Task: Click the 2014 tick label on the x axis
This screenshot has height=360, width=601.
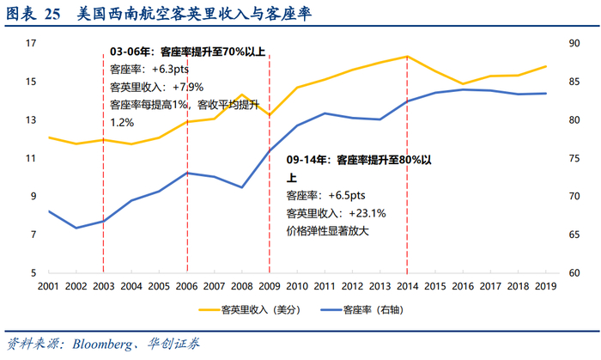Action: (407, 286)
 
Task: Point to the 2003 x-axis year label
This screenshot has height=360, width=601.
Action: (104, 286)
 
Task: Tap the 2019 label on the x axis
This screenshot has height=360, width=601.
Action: (545, 286)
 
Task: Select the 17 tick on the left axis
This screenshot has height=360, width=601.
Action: (30, 43)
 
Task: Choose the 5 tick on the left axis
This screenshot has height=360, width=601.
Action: (33, 272)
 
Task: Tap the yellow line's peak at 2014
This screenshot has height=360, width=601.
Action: (407, 57)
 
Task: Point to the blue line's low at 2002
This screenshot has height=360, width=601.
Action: (76, 228)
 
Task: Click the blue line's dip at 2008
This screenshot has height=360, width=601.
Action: (242, 187)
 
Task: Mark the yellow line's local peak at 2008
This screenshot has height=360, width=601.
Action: (242, 95)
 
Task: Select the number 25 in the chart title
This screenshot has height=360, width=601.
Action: (52, 15)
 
